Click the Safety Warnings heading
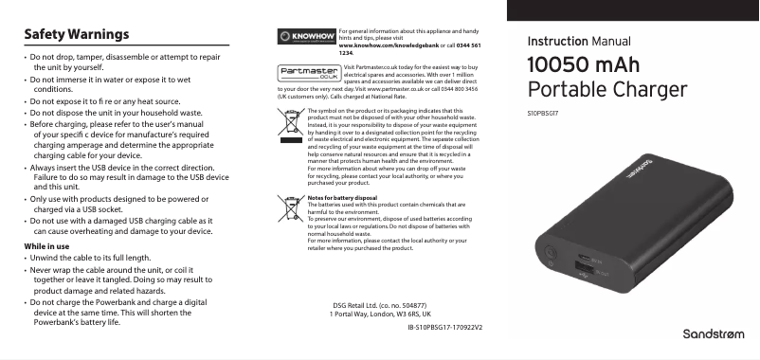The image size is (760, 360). [x=76, y=35]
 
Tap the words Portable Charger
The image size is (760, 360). [x=606, y=91]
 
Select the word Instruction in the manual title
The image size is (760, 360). [x=557, y=42]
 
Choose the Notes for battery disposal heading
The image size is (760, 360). [x=344, y=197]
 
